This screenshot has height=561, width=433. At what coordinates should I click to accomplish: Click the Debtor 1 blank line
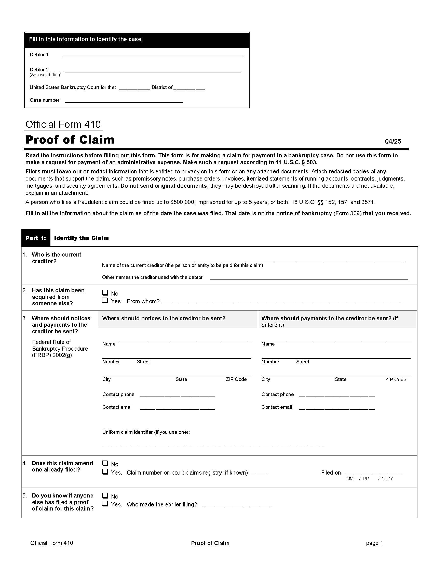tap(152, 56)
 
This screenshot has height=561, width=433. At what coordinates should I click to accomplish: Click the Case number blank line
tap(124, 101)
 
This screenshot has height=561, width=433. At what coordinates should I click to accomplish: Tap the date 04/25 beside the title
tap(393, 141)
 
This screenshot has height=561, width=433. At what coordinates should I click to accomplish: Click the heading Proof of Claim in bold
tap(70, 140)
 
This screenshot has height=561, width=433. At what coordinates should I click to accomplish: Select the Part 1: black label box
tap(36, 238)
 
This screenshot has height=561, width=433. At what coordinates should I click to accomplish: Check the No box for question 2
tap(105, 293)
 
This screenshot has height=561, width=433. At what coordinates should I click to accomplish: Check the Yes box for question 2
tap(105, 300)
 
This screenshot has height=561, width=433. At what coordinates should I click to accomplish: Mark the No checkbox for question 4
tap(105, 463)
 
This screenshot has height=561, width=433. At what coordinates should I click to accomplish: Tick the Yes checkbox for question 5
tap(105, 503)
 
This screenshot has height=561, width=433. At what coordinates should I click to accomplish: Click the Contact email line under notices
tap(177, 408)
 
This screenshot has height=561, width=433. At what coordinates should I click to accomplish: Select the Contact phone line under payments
tap(336, 395)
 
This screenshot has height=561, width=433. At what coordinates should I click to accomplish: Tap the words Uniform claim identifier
tap(127, 432)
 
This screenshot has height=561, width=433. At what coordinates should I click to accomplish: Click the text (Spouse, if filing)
tap(45, 75)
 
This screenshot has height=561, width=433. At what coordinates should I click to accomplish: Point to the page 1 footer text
tap(374, 543)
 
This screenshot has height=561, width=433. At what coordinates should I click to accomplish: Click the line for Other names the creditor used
tap(309, 278)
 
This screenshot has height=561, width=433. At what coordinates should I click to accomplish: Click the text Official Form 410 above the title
tap(63, 125)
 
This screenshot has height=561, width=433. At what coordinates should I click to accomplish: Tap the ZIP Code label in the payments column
tap(395, 380)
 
